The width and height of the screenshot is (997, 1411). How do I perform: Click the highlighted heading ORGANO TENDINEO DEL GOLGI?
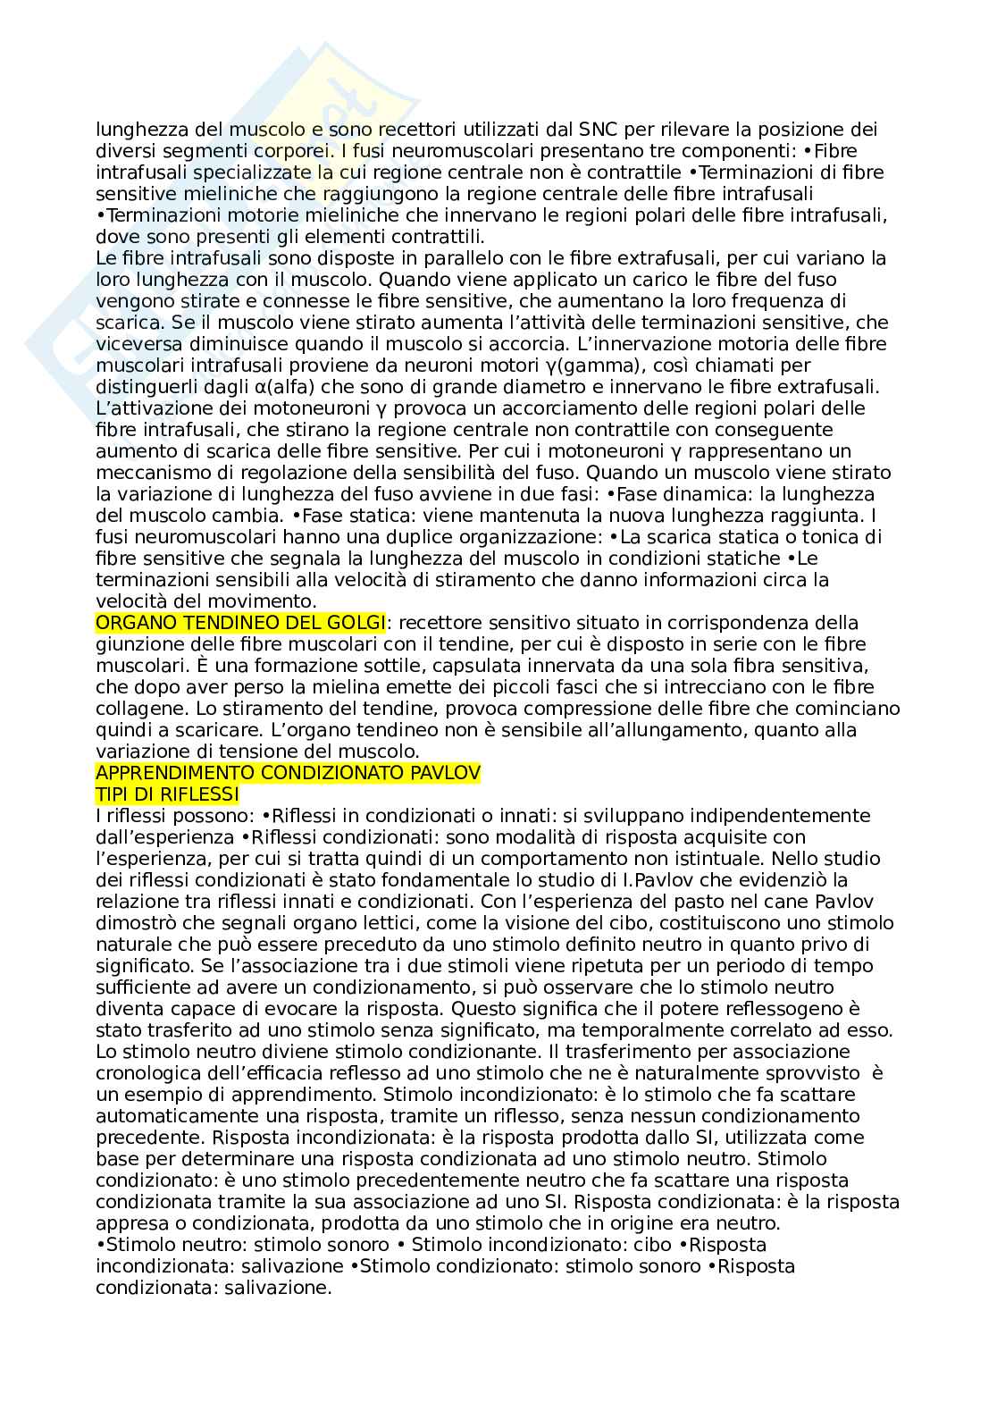click(241, 622)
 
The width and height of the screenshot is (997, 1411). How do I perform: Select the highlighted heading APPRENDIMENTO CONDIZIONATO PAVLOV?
click(288, 772)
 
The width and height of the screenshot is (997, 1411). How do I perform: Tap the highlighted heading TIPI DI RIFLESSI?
click(167, 794)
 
